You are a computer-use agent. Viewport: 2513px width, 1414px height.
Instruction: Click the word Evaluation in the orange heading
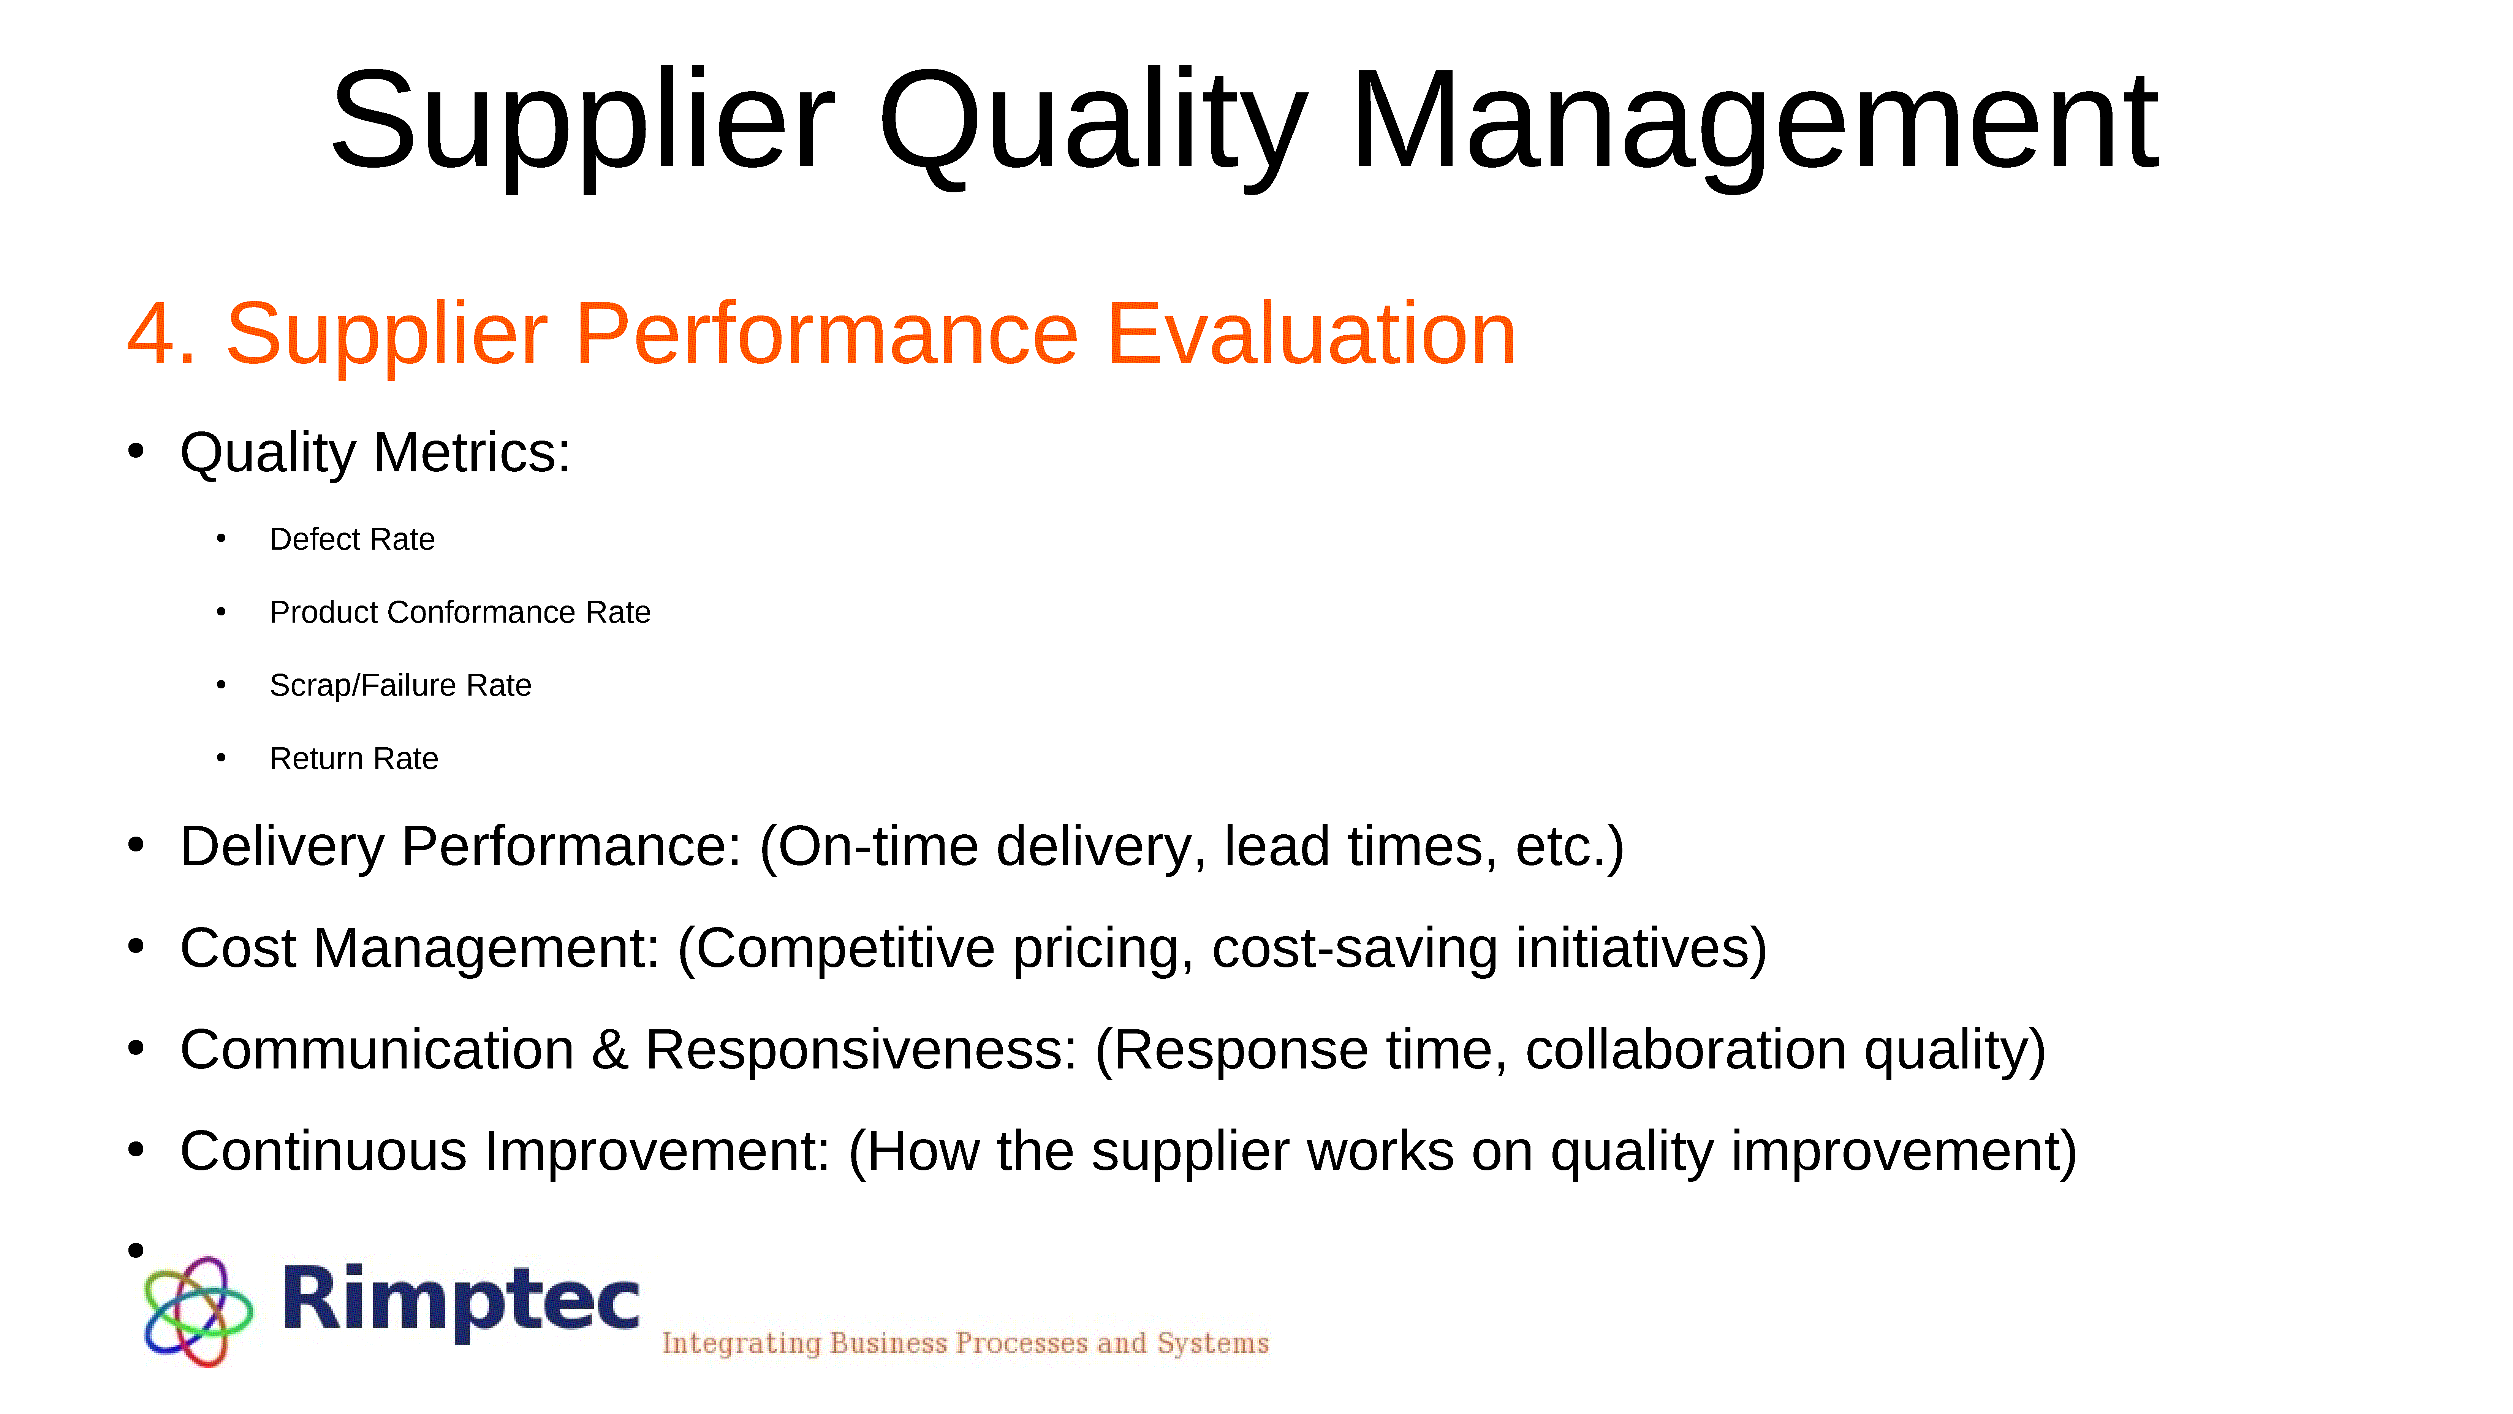point(1312,334)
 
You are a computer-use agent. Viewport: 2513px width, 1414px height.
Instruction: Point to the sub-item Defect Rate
point(352,539)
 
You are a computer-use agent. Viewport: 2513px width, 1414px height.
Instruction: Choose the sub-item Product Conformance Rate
point(459,612)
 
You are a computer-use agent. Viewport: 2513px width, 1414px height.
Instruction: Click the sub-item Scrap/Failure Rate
point(400,685)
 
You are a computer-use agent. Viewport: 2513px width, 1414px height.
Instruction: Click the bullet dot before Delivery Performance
point(136,845)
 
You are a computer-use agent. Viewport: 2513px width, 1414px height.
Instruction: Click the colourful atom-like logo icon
point(198,1311)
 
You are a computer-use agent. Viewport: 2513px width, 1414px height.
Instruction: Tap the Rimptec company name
point(461,1301)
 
